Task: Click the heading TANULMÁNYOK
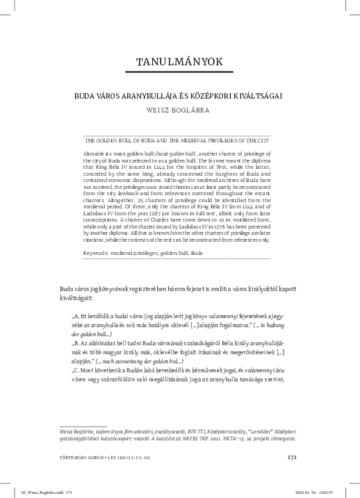tap(179, 62)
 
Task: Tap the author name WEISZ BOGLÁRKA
tap(179, 109)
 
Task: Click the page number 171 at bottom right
tap(293, 457)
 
